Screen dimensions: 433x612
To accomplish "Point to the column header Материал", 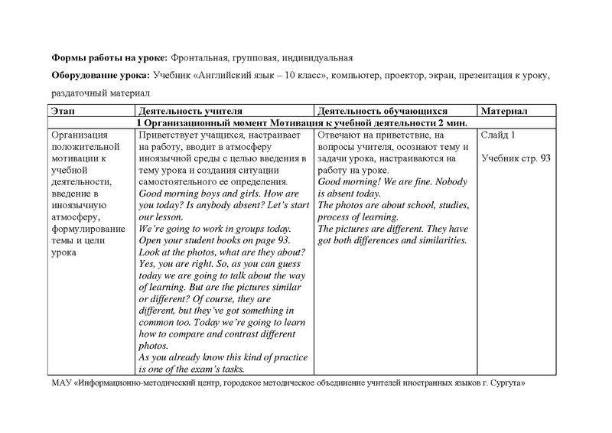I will point(504,111).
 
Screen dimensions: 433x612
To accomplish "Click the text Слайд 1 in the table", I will point(498,135).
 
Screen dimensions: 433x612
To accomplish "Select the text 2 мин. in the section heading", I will point(451,122).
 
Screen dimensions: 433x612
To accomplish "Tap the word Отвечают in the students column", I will point(339,135).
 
